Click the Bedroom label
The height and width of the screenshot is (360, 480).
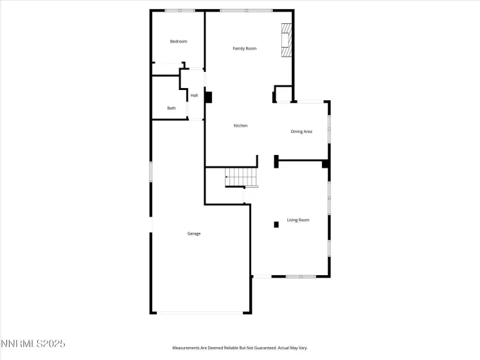point(178,42)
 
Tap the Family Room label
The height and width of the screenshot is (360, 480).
point(244,49)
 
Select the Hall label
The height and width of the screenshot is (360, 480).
point(193,96)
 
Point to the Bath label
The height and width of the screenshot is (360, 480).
point(171,108)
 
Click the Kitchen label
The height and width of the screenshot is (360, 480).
point(240,126)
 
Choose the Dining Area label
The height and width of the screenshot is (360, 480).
point(301,132)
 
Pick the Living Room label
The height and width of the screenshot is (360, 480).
point(298,220)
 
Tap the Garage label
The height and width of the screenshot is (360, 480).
point(193,233)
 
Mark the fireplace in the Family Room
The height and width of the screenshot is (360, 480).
point(287,41)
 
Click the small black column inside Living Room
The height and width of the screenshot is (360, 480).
point(276,224)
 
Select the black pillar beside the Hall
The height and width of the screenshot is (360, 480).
point(208,96)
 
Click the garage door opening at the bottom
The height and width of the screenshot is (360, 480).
point(200,313)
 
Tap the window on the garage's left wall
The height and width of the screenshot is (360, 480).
point(151,172)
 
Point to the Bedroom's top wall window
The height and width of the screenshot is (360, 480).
point(179,10)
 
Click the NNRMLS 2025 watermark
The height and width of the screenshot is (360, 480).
point(33,345)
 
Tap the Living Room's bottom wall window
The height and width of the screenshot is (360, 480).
point(300,276)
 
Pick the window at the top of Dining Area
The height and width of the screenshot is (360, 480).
point(310,101)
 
